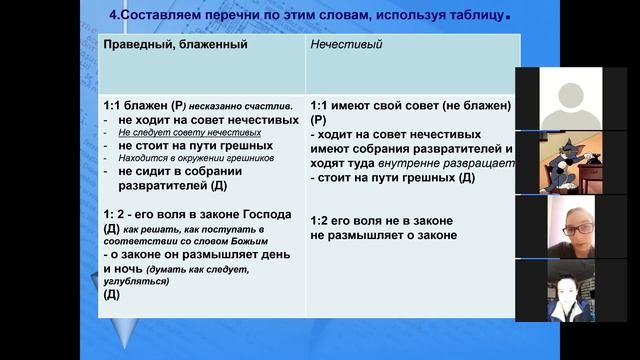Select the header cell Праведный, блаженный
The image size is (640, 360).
pos(175,45)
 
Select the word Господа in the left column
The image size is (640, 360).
pos(263,214)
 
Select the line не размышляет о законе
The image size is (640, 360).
pos(384,235)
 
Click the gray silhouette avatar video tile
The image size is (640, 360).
pos(577,99)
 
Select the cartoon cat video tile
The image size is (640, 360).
pos(577,163)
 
